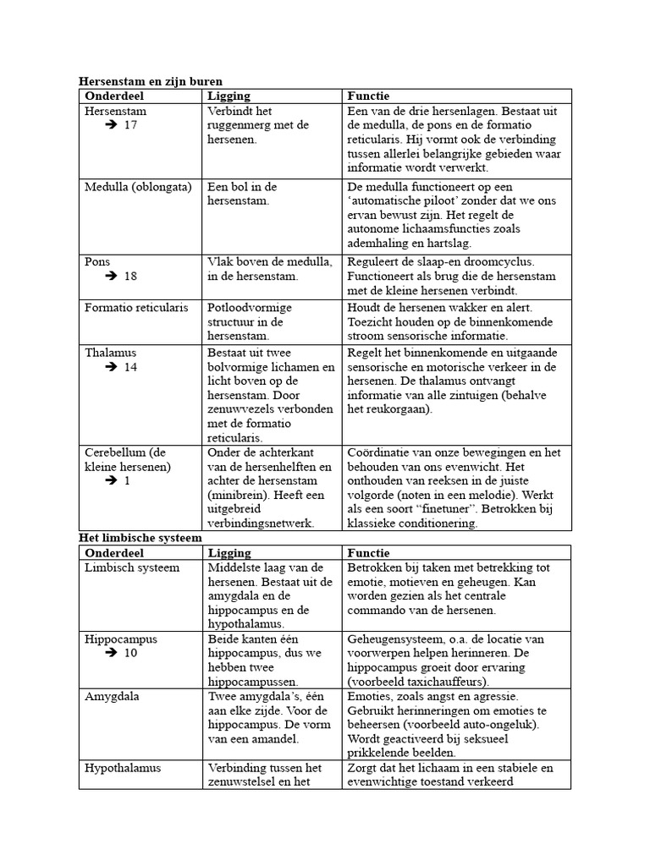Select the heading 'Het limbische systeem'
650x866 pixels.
[x=140, y=538]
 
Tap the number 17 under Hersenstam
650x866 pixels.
[x=130, y=125]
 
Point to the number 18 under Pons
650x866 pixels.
[x=130, y=277]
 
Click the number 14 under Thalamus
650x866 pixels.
[x=130, y=367]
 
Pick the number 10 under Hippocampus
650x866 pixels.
[x=130, y=653]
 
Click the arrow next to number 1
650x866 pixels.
[x=111, y=480]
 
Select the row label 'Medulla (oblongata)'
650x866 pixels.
[x=138, y=186]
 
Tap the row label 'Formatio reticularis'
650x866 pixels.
[x=136, y=307]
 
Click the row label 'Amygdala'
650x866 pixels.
[x=112, y=697]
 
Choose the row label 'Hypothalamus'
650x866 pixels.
[x=123, y=768]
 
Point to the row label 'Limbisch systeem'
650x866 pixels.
[x=132, y=567]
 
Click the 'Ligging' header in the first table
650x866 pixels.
[x=229, y=96]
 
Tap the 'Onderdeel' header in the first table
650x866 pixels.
[x=115, y=96]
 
